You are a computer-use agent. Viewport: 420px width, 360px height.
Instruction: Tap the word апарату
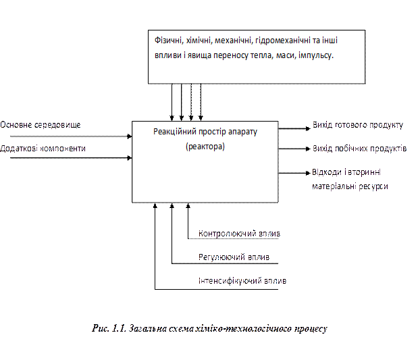click(x=250, y=132)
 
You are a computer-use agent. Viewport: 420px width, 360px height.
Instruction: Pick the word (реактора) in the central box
click(x=205, y=146)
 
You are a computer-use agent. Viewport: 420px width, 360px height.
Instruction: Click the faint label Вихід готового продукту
click(x=357, y=125)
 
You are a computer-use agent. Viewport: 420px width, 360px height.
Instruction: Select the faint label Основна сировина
click(x=40, y=125)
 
